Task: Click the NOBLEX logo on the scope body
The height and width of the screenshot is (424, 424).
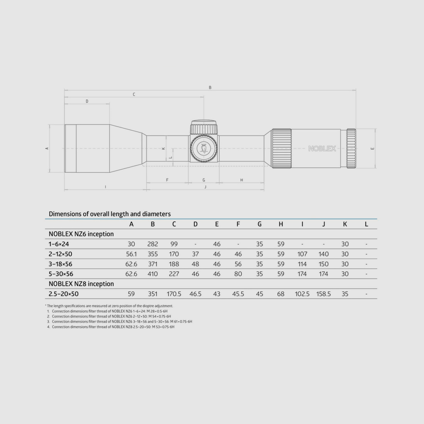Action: click(x=322, y=148)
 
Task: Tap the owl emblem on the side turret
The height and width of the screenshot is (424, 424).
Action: click(x=204, y=148)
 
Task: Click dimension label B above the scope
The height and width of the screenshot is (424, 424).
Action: click(x=210, y=87)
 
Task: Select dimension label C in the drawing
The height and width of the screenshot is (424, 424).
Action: click(x=134, y=94)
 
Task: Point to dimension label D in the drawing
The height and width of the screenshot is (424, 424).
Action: click(x=87, y=101)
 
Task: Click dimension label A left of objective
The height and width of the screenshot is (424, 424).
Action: click(x=47, y=148)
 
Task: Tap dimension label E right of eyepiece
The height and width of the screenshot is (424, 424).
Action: click(x=372, y=148)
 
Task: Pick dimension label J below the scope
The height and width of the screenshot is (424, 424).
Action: click(x=205, y=187)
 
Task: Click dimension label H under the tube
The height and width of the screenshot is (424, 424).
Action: click(x=242, y=180)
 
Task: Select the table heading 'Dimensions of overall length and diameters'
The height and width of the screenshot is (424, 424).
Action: click(x=109, y=214)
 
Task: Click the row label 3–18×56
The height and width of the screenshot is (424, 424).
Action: click(x=60, y=264)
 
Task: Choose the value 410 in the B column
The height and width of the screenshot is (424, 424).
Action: click(x=153, y=274)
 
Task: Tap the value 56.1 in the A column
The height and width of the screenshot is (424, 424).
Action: click(x=131, y=254)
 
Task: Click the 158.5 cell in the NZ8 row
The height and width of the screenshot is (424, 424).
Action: click(x=323, y=294)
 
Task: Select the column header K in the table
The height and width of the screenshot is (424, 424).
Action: click(x=345, y=224)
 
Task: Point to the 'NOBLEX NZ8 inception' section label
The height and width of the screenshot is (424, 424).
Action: click(x=81, y=284)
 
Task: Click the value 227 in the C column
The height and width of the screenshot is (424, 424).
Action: click(x=174, y=274)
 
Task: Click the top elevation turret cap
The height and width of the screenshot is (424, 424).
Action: click(x=204, y=126)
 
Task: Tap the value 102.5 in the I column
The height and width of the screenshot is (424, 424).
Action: click(x=302, y=294)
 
